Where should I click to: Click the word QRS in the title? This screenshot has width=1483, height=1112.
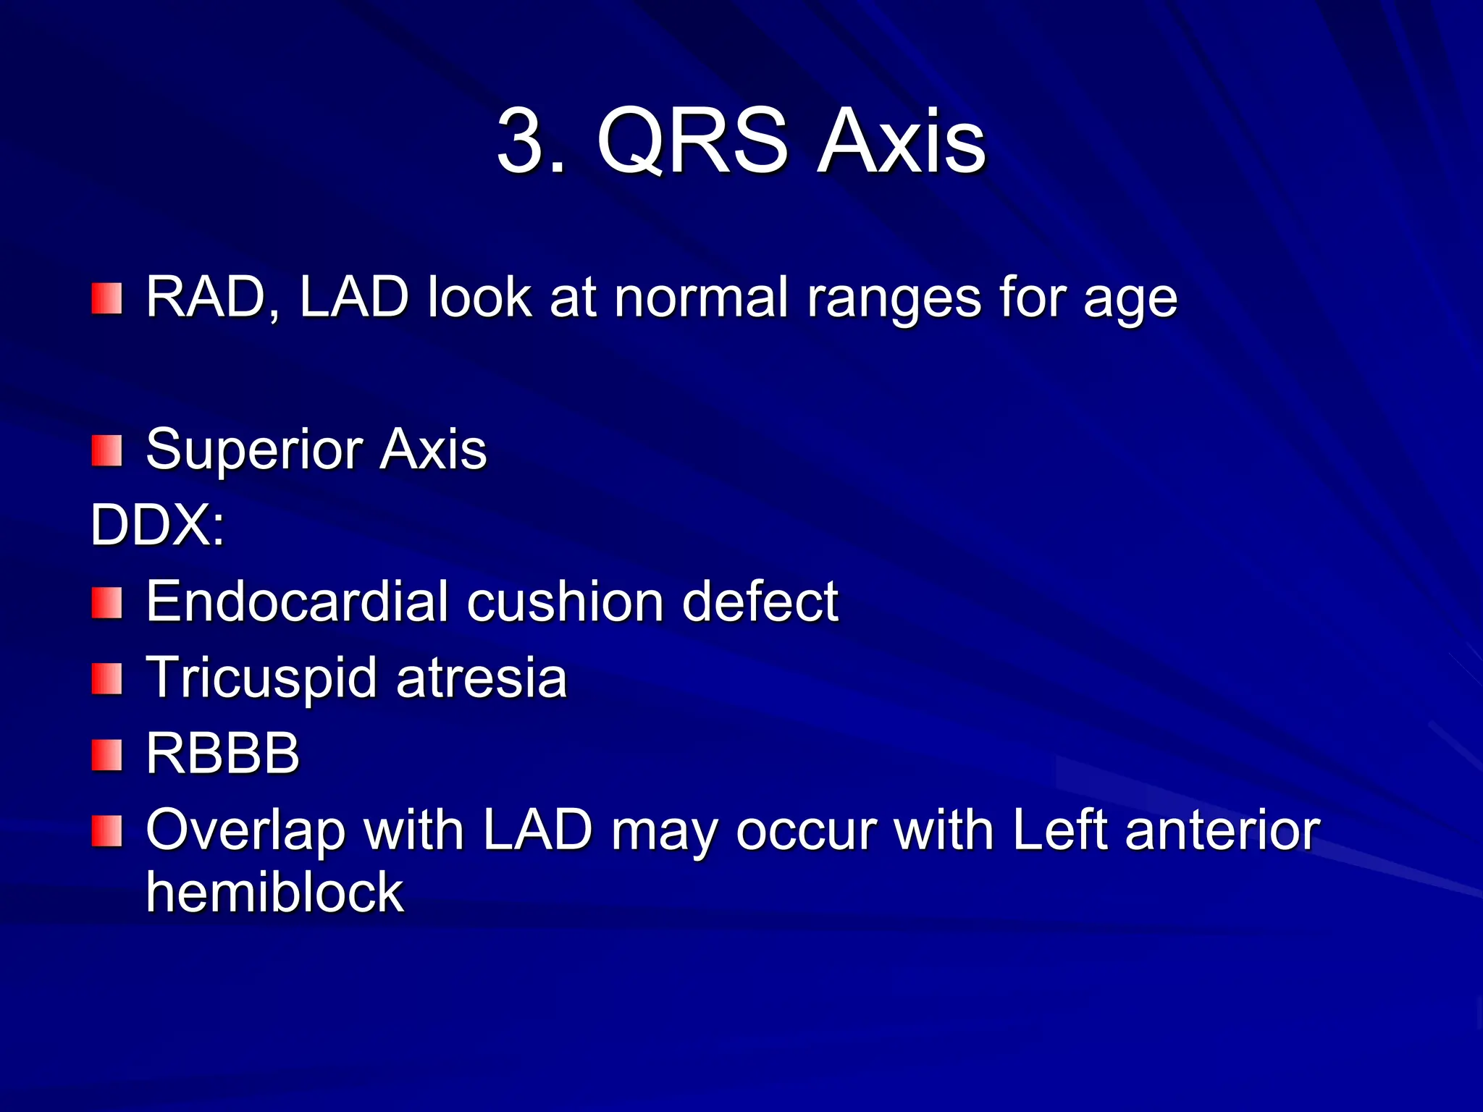[x=692, y=142]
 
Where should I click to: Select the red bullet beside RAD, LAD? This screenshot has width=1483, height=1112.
[x=106, y=299]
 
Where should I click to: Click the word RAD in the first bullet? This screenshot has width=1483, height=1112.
[x=205, y=297]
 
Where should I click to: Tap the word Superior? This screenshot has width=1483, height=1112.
[x=253, y=450]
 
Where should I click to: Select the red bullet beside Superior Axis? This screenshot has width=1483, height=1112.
[x=106, y=451]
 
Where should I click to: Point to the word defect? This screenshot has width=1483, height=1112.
[x=760, y=601]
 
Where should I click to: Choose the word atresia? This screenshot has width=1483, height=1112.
[x=482, y=678]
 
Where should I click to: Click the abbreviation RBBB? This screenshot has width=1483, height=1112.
[x=223, y=754]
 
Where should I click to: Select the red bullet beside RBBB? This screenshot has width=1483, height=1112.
[x=106, y=755]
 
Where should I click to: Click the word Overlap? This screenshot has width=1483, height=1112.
[x=245, y=831]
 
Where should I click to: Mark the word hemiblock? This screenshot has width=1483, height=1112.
[x=274, y=893]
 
